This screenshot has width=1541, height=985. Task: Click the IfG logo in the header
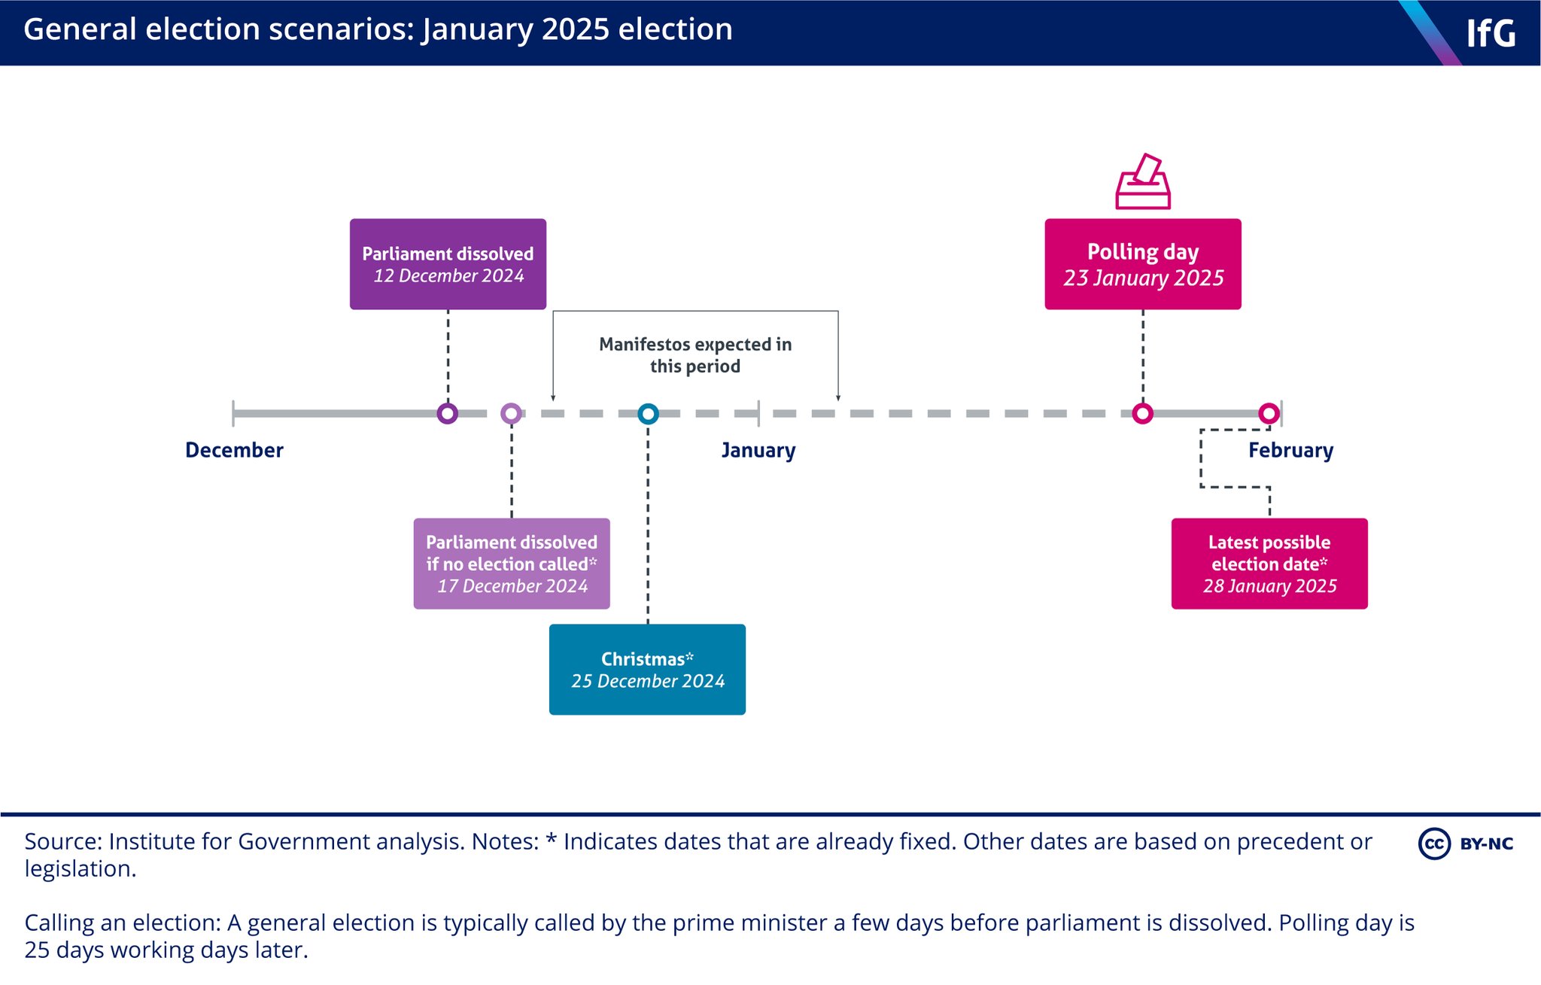click(x=1490, y=33)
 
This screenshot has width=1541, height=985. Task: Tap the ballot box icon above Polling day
click(x=1142, y=182)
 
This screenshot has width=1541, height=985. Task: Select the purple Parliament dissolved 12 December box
click(x=448, y=264)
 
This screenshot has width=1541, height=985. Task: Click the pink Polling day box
click(x=1142, y=264)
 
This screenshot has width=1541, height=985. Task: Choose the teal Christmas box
click(x=647, y=669)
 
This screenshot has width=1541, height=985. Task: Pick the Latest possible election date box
click(x=1269, y=564)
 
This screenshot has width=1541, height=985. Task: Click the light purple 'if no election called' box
click(x=512, y=564)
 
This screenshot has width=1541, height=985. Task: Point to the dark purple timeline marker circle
click(x=448, y=413)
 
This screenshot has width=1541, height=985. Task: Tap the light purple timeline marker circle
click(x=512, y=413)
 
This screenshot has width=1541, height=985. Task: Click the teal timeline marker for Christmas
click(x=648, y=413)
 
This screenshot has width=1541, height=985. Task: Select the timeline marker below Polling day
click(x=1142, y=413)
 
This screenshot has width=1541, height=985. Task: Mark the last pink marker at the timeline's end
click(x=1269, y=413)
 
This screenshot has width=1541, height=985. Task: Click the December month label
click(x=234, y=450)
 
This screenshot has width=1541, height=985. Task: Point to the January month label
click(x=758, y=450)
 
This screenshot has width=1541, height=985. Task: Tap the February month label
click(x=1290, y=450)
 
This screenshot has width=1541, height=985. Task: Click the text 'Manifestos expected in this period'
click(x=695, y=355)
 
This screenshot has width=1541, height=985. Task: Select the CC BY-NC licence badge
click(x=1466, y=844)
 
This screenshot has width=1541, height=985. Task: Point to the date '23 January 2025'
click(x=1143, y=278)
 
